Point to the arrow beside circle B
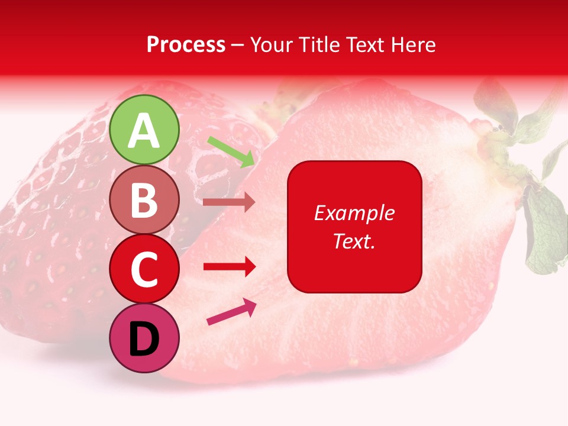[229, 202]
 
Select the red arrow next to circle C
[230, 267]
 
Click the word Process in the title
[186, 44]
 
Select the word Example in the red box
[354, 213]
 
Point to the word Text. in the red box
[354, 241]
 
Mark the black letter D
[144, 340]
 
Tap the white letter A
[144, 131]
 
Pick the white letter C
[144, 270]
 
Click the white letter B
[144, 201]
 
